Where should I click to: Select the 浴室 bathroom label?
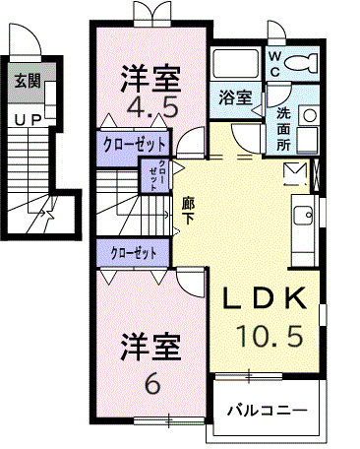coord(234,97)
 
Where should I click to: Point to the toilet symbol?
coord(301,64)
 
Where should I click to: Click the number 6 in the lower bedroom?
coord(150,383)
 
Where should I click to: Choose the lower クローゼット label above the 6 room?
coord(135,253)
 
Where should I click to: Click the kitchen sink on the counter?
coord(304,214)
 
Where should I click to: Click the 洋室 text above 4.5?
coord(150,75)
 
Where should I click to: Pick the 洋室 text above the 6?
coord(150,348)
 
